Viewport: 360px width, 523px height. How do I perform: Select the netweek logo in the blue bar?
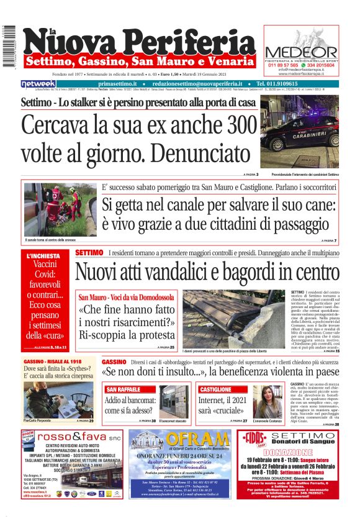click(38, 83)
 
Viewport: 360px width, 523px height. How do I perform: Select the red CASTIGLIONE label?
click(216, 389)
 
